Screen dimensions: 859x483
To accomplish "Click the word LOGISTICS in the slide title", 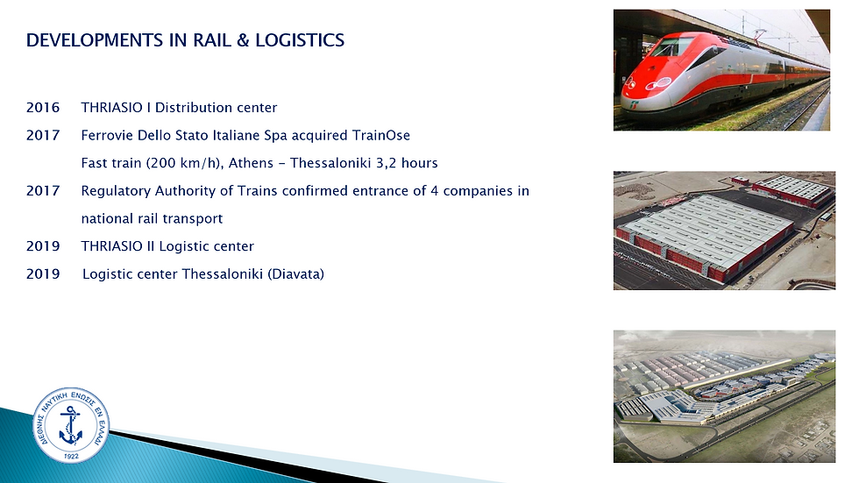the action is (300, 40).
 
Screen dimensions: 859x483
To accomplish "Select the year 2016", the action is (43, 107).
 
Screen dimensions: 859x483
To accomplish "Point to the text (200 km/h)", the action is (185, 163).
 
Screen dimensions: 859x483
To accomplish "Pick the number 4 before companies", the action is (435, 191).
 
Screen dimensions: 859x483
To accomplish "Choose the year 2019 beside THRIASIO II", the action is (43, 246).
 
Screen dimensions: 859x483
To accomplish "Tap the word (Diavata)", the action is (296, 273).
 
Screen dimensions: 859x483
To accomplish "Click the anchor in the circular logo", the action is (71, 425).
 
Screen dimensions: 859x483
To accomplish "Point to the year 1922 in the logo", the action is (71, 456).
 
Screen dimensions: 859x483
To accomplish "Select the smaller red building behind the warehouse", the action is (792, 189).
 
